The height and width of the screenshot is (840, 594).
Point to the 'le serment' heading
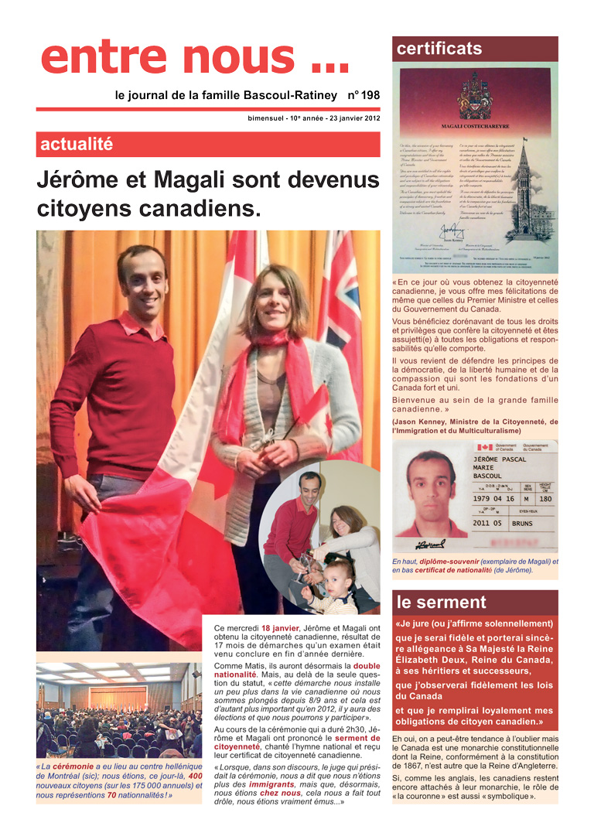(442, 603)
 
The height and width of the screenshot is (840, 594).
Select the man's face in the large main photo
(142, 275)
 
